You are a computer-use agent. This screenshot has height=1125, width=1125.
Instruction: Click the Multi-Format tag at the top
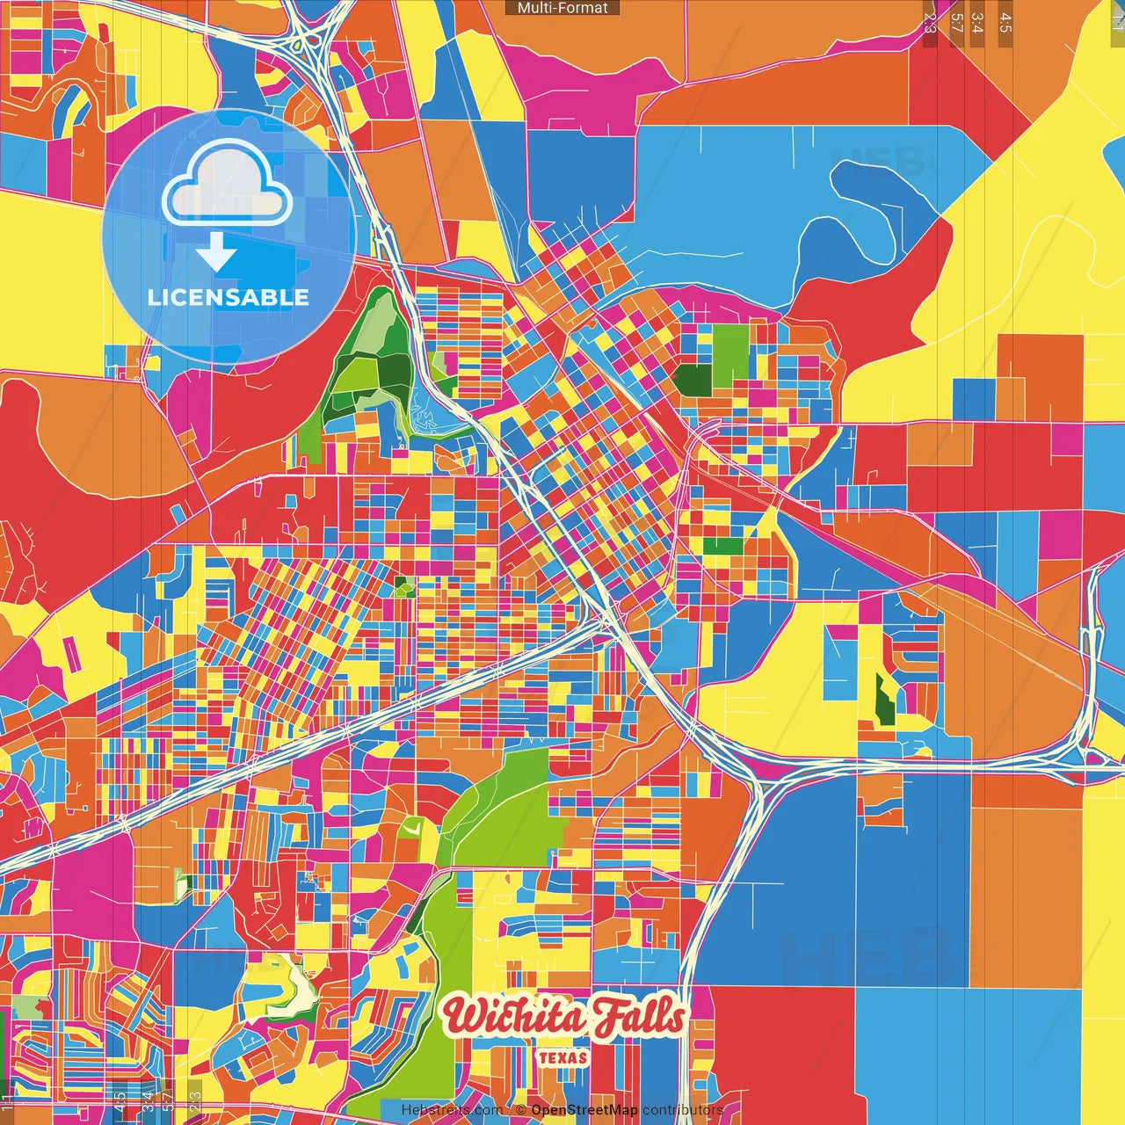(562, 8)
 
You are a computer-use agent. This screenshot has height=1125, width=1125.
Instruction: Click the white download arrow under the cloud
(216, 253)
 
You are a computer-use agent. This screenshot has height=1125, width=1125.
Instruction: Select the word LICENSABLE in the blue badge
(229, 297)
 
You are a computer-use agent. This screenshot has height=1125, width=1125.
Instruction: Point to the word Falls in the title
(637, 1016)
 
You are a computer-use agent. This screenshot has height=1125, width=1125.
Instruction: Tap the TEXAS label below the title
(562, 1057)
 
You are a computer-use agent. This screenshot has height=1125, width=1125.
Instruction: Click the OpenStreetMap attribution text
(584, 1110)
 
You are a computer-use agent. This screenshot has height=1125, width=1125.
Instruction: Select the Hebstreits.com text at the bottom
(452, 1110)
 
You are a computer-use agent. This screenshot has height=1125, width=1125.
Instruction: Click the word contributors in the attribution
(682, 1110)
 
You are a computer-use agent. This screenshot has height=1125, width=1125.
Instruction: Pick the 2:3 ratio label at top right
(930, 23)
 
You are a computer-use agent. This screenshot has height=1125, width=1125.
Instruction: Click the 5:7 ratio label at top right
(956, 23)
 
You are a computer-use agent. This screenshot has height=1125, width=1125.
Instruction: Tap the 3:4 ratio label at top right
(977, 23)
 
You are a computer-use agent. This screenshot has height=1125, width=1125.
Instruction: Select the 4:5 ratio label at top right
(1005, 23)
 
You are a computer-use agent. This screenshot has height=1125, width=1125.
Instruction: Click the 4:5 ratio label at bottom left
(120, 1102)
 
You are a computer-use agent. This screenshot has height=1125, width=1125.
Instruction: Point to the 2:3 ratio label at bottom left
(194, 1102)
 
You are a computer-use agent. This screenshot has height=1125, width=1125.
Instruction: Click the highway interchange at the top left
(307, 40)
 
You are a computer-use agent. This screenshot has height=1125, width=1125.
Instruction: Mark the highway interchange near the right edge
(1090, 747)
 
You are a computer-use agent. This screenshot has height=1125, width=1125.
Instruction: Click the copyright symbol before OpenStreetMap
(521, 1110)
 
